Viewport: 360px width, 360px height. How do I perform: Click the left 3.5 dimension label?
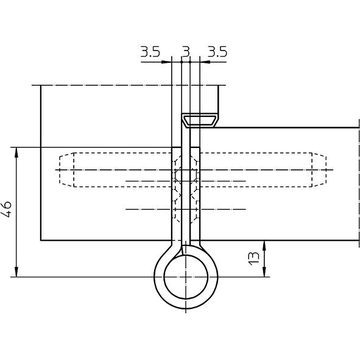pos(150,52)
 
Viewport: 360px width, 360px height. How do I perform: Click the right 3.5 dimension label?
pos(217,52)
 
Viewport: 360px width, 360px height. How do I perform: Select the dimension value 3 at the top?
pos(186,52)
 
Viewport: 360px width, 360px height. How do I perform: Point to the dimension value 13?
pos(254,259)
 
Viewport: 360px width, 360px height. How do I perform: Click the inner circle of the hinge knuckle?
pos(164,277)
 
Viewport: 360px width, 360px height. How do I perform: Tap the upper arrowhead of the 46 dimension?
pos(16,152)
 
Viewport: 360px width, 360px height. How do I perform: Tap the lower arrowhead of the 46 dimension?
pos(16,272)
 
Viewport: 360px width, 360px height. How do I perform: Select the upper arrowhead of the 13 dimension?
pos(264,245)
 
